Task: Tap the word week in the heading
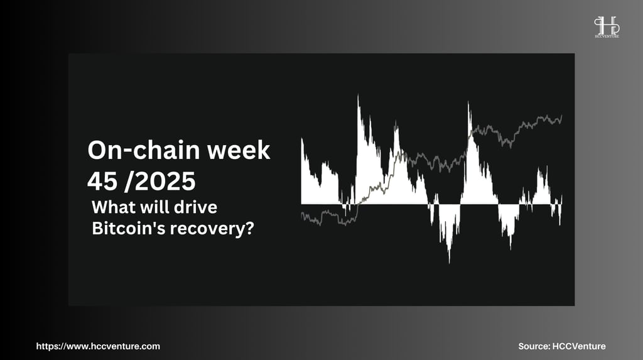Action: click(239, 150)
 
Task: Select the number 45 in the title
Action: click(102, 181)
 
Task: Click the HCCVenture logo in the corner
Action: click(607, 27)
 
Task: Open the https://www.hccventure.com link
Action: click(98, 346)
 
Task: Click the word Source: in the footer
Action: click(534, 346)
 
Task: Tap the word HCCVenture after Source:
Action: click(578, 346)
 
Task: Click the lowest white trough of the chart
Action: click(450, 261)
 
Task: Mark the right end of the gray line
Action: click(562, 116)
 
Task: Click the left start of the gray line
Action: click(301, 214)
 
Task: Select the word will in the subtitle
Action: click(154, 207)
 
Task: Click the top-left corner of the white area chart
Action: click(302, 138)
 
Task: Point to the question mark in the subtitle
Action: click(249, 228)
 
